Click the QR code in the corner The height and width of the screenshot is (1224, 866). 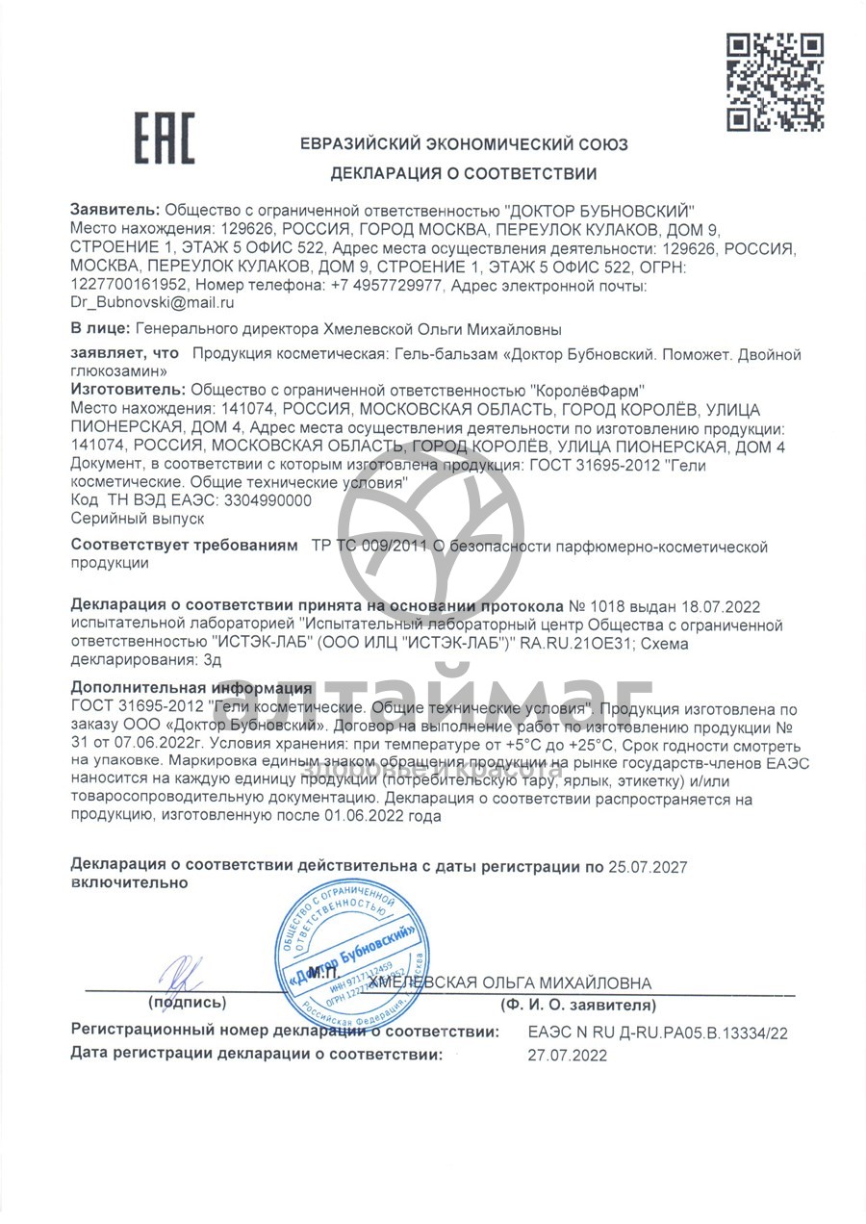(774, 82)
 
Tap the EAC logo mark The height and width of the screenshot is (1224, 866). (164, 138)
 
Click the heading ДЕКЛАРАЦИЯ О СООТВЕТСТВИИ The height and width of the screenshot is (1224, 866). (464, 174)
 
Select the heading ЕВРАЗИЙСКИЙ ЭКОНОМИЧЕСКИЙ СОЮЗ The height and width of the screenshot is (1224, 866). (464, 145)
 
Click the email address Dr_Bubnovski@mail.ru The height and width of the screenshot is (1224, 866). (153, 302)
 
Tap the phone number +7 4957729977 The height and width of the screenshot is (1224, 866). (386, 285)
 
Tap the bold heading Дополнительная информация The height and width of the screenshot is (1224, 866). (191, 688)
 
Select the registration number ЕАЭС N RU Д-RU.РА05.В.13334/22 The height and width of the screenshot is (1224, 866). (657, 1033)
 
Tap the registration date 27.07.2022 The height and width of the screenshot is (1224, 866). (568, 1055)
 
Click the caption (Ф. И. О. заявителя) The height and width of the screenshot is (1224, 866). (577, 1005)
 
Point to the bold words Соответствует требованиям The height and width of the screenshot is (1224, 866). (185, 547)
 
